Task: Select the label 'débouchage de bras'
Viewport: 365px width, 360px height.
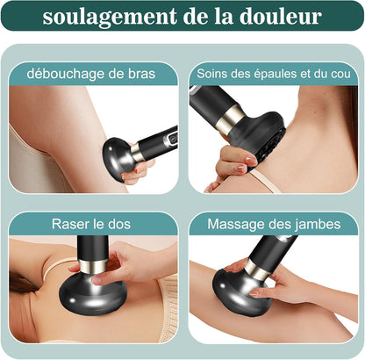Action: pyautogui.click(x=91, y=73)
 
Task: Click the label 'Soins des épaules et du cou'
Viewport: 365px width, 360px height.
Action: pyautogui.click(x=273, y=73)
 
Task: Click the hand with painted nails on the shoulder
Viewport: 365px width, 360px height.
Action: pyautogui.click(x=231, y=164)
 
